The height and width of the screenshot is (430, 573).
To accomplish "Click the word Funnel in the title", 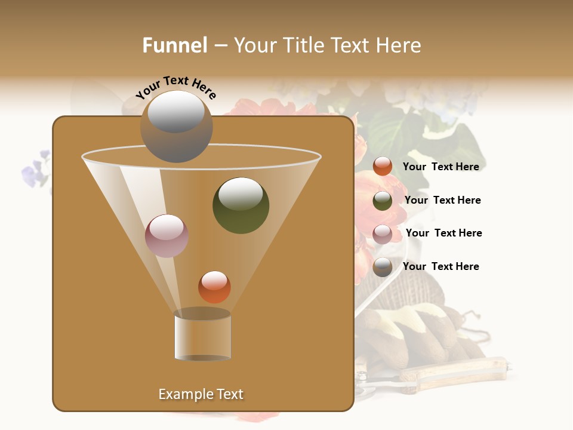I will pos(174,45).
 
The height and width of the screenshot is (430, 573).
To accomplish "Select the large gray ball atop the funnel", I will pos(176,126).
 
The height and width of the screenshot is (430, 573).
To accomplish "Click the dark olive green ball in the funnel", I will pos(241,205).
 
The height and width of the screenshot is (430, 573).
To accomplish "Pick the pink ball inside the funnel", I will pos(167,235).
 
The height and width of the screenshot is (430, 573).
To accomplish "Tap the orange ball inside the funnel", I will pos(214,287).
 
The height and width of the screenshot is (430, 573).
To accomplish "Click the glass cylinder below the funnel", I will pos(202,335).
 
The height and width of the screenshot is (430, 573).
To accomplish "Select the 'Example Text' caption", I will pos(201,394).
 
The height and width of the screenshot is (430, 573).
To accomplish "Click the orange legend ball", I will pos(383,167).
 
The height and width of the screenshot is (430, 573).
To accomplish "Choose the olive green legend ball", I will pos(383,200).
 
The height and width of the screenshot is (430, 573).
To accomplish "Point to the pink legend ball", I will pos(383,234).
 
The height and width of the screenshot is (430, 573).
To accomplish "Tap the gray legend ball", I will pos(383,267).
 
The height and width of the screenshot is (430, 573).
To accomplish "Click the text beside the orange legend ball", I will pos(440,167).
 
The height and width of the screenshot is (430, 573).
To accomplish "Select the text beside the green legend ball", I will pos(442,200).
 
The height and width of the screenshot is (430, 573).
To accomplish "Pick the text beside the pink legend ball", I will pos(443,233).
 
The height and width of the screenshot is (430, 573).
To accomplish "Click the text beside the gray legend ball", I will pos(440,266).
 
